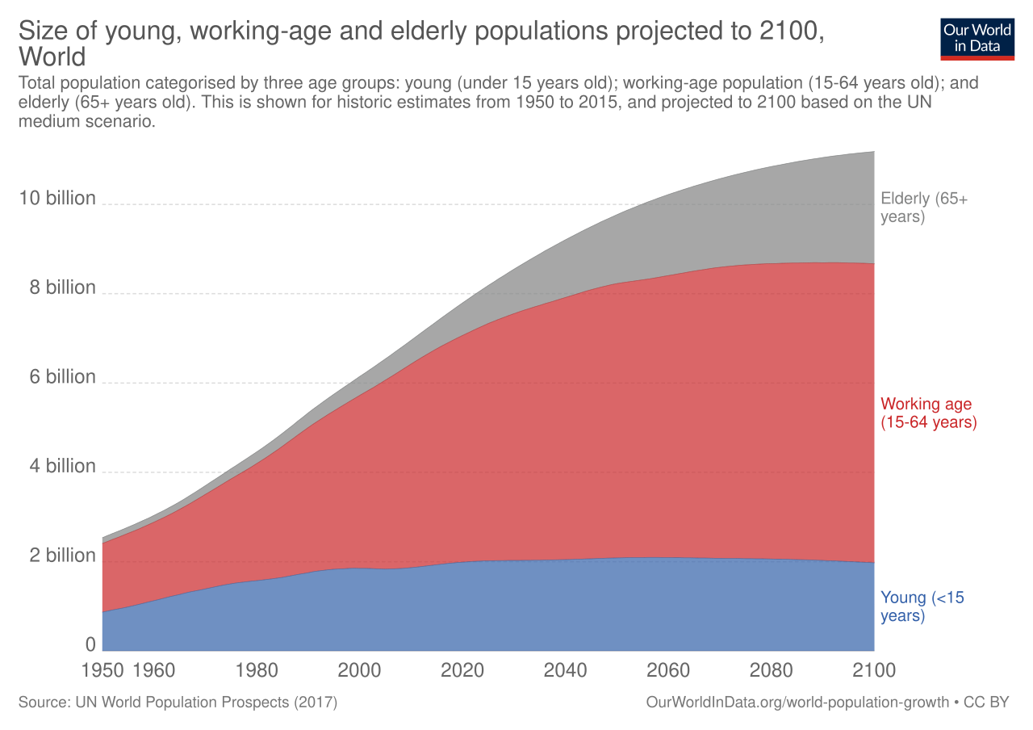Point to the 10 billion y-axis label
click(x=57, y=199)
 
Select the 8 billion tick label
click(x=63, y=288)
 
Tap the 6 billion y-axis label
click(x=63, y=377)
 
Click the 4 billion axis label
click(x=63, y=467)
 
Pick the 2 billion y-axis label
click(x=63, y=556)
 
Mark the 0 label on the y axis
click(x=90, y=644)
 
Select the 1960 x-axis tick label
click(x=153, y=670)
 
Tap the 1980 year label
click(x=257, y=670)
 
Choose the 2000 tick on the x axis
click(x=359, y=670)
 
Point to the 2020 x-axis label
click(x=462, y=670)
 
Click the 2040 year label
click(x=566, y=670)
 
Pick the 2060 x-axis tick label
click(x=668, y=670)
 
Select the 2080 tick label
click(x=772, y=670)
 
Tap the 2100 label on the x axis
click(x=874, y=670)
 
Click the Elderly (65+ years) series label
click(x=923, y=208)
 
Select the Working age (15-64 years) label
click(x=928, y=413)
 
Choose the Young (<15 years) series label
click(x=922, y=606)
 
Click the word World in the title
click(x=52, y=57)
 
